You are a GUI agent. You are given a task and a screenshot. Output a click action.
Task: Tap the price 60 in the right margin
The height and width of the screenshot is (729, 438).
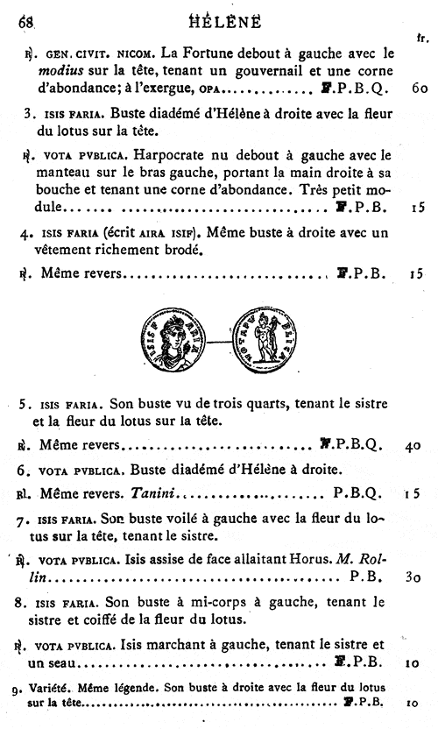click(417, 89)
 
